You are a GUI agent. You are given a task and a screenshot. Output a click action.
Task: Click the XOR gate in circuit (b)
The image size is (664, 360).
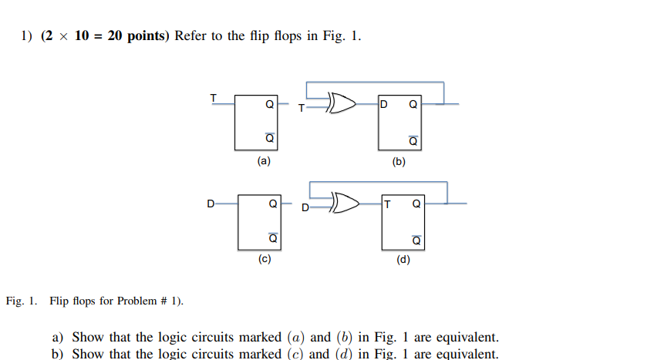(x=342, y=103)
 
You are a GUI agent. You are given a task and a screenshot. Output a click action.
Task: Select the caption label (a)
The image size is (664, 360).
(x=264, y=162)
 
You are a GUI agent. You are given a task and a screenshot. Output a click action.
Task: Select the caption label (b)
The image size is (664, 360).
(x=399, y=163)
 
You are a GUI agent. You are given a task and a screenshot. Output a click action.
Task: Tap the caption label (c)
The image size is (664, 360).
(x=265, y=260)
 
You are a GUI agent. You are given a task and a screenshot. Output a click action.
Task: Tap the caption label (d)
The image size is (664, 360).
(x=403, y=260)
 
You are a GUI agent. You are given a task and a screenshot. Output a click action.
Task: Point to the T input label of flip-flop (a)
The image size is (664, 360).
(x=214, y=97)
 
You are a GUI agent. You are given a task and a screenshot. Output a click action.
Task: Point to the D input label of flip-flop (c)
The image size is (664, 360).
(x=210, y=204)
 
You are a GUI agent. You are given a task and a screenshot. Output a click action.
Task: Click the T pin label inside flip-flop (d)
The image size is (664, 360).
(x=387, y=204)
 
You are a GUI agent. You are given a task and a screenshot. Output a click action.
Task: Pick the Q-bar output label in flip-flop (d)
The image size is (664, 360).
(x=416, y=240)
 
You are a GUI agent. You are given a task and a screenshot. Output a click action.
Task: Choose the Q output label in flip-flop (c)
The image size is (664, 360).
(x=271, y=205)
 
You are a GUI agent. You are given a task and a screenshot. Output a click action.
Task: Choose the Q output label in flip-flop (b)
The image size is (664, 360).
(x=413, y=105)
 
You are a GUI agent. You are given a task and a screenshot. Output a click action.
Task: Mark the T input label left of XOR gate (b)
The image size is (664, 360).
(x=302, y=108)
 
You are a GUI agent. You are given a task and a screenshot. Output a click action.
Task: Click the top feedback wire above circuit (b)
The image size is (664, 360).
(x=375, y=82)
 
